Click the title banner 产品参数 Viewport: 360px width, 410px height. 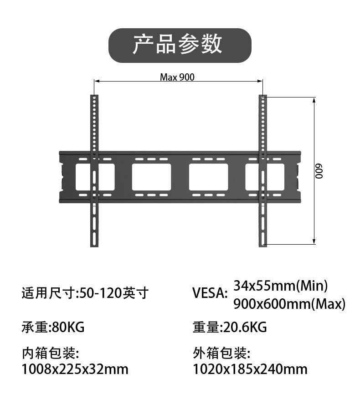click(x=180, y=45)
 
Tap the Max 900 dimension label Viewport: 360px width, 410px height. click(x=177, y=77)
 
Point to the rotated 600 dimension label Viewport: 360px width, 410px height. click(x=319, y=171)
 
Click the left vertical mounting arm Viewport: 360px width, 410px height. click(x=94, y=171)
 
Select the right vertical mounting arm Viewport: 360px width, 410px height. click(x=262, y=171)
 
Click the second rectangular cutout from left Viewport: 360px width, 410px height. click(x=151, y=177)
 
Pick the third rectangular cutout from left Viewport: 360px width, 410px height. click(x=208, y=177)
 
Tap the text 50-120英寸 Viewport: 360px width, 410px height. click(x=113, y=293)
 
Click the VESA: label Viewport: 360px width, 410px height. click(x=210, y=293)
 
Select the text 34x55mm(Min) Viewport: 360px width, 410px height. click(x=280, y=286)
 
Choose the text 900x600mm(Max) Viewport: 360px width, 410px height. click(x=289, y=304)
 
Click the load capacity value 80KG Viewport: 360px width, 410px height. click(x=68, y=327)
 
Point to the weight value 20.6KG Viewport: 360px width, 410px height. click(x=245, y=327)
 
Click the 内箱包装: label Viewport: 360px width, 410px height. click(x=50, y=353)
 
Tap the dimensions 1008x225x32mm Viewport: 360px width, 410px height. click(x=75, y=369)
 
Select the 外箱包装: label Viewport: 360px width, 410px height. click(x=221, y=353)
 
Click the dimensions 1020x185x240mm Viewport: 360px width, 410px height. click(x=250, y=369)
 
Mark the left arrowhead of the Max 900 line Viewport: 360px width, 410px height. click(x=96, y=82)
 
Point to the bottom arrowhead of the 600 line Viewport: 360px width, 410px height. click(x=314, y=242)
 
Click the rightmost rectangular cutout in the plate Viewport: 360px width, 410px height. click(x=265, y=177)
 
